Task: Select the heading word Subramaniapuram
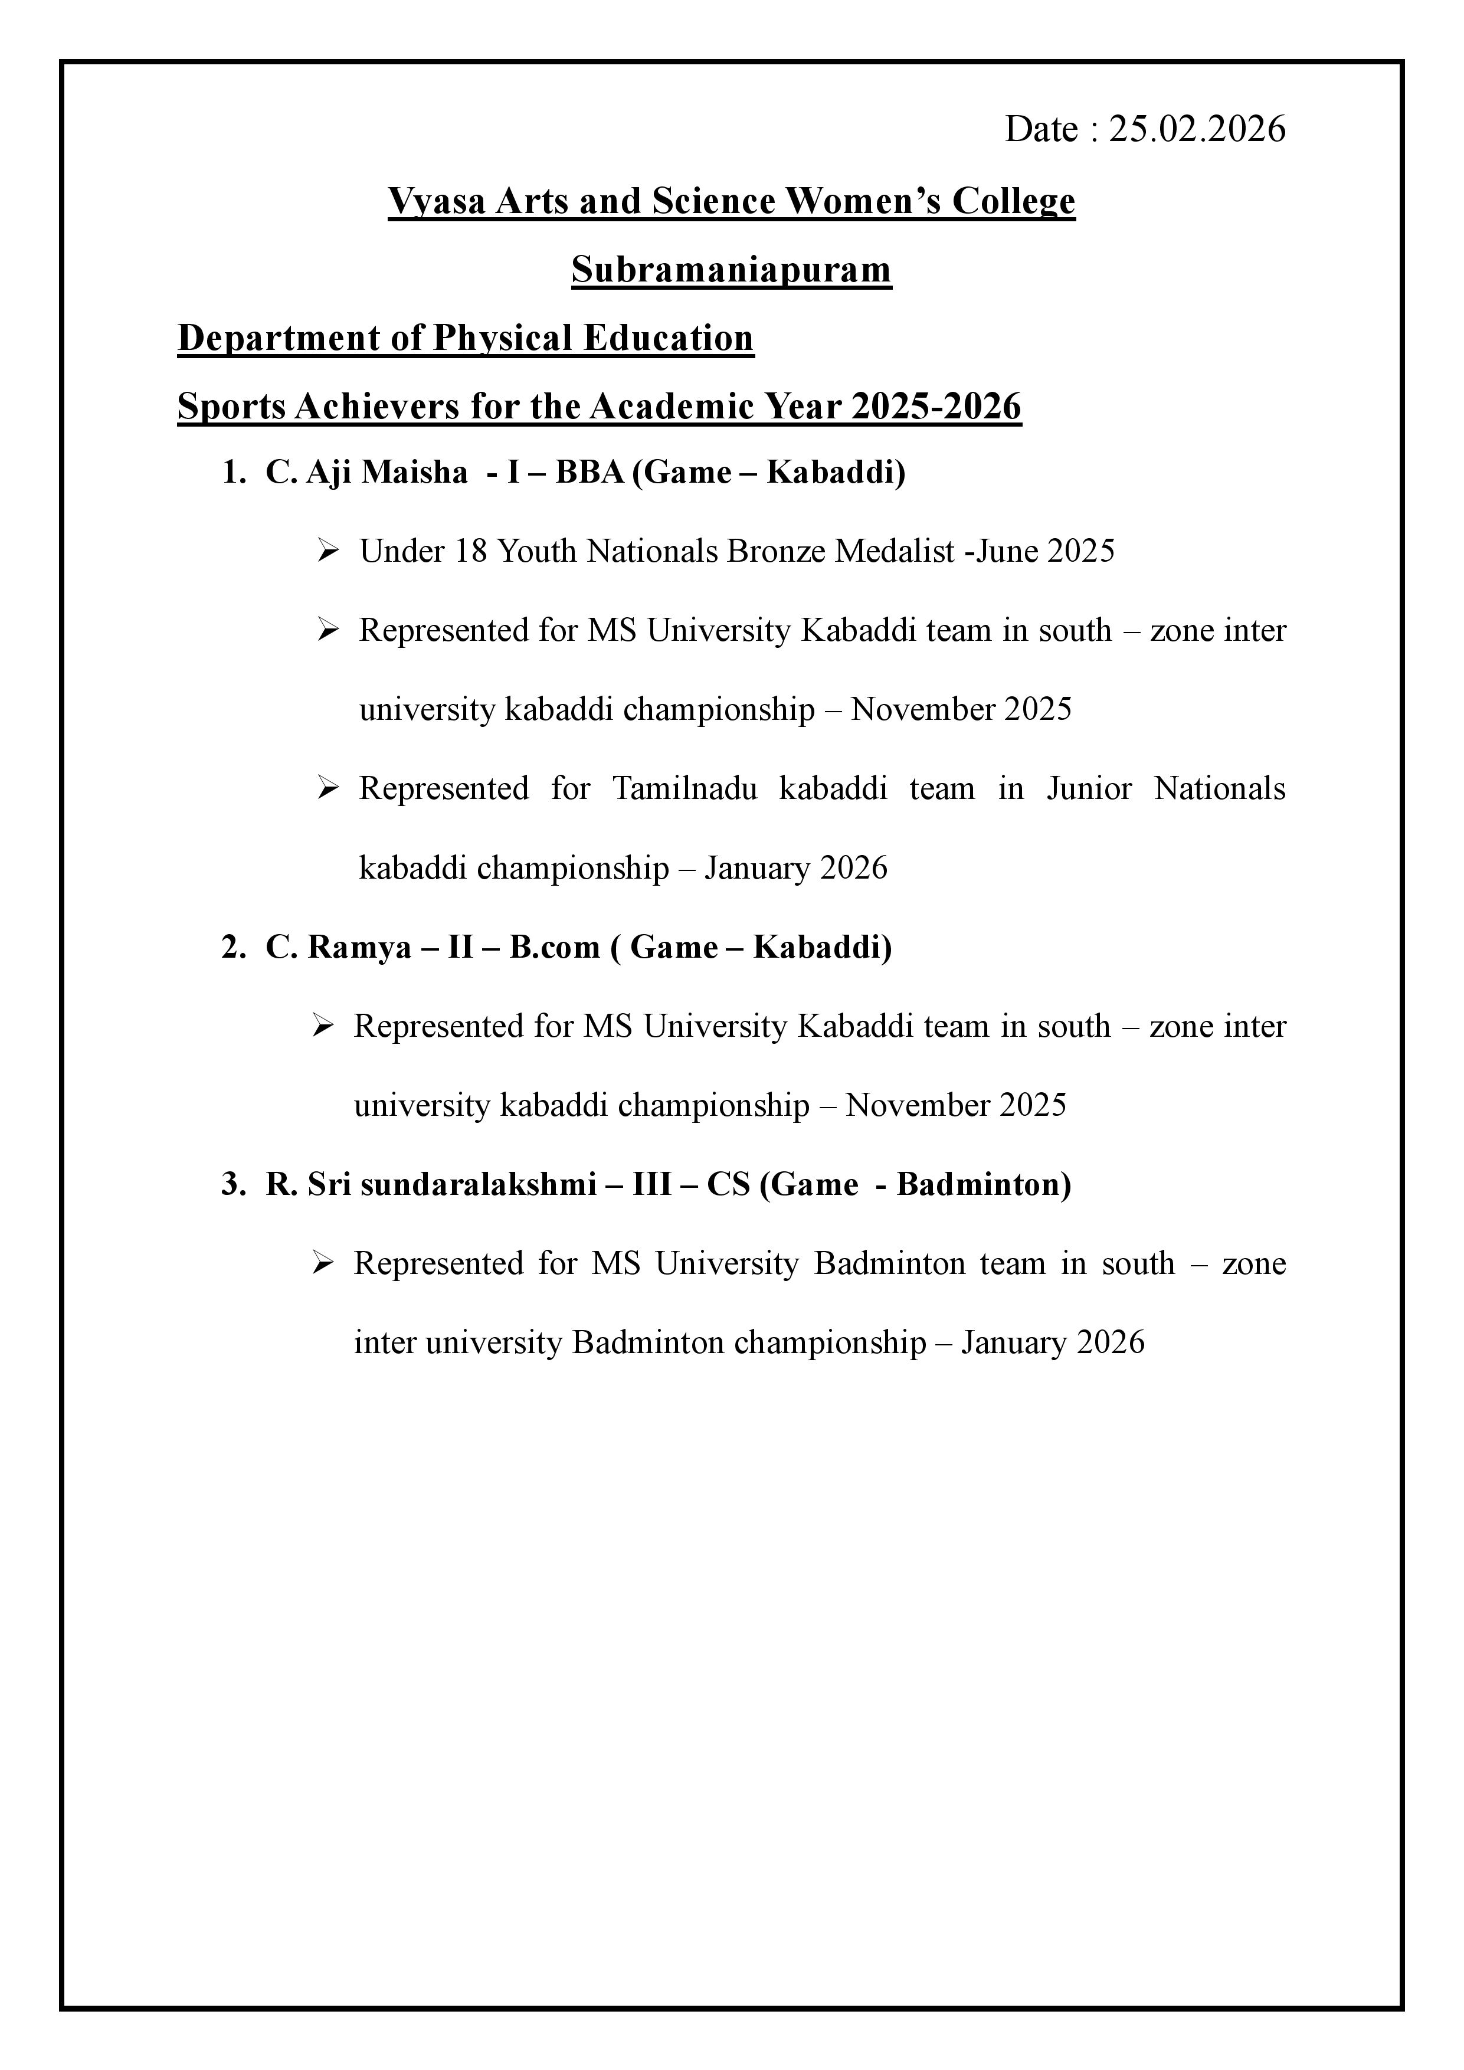[731, 270]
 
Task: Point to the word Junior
[1088, 789]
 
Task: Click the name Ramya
[359, 948]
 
